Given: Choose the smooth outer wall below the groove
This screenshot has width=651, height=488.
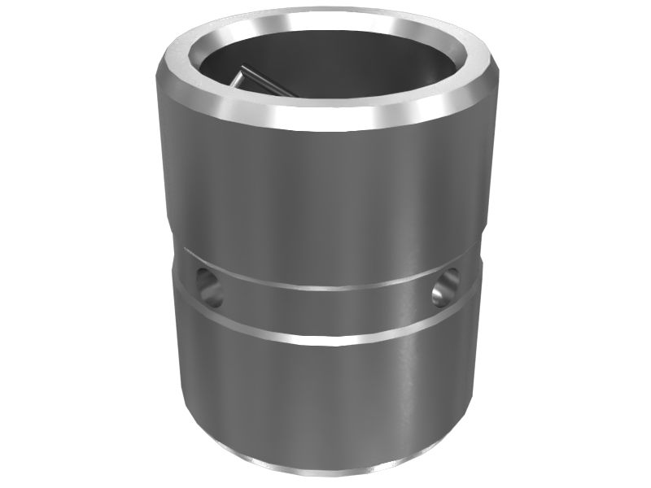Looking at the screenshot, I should pyautogui.click(x=325, y=399).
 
